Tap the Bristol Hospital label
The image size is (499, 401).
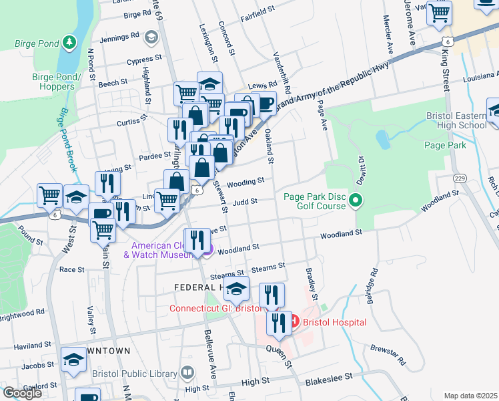[334, 322]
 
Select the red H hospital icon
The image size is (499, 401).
[293, 322]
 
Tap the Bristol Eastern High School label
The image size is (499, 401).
[456, 120]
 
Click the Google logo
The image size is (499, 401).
[22, 393]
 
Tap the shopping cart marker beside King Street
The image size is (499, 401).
[439, 13]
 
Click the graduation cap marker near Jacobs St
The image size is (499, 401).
[74, 359]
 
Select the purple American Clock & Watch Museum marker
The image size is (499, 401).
[207, 250]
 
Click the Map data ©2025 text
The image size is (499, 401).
[470, 396]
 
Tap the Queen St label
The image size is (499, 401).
[280, 355]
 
